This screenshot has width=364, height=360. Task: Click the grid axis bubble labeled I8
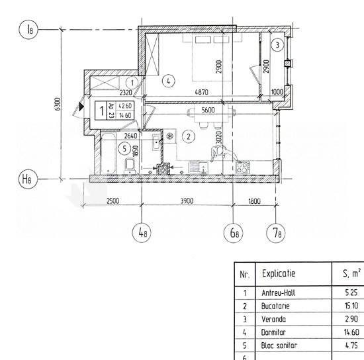click(x=28, y=29)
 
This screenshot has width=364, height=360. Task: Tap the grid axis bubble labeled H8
click(x=28, y=179)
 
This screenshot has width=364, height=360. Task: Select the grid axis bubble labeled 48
click(x=142, y=232)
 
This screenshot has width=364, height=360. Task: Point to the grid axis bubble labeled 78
click(x=276, y=232)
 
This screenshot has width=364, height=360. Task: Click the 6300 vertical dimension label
click(x=58, y=104)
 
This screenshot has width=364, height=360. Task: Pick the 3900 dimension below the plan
click(x=187, y=201)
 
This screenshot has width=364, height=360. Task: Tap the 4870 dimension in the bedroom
click(x=201, y=92)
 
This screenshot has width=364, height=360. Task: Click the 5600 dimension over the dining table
click(x=208, y=110)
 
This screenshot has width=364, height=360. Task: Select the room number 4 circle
click(x=168, y=81)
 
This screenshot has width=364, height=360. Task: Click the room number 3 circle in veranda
click(x=277, y=44)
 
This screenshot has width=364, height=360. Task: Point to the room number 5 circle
click(x=124, y=148)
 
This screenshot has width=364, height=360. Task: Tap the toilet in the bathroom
click(x=130, y=165)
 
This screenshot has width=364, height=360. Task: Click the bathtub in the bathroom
click(x=108, y=153)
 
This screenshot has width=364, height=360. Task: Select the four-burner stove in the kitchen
click(x=243, y=167)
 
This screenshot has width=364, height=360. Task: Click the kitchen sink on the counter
click(x=199, y=167)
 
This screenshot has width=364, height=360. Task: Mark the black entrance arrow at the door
click(x=81, y=107)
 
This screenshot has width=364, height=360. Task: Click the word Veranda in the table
click(x=273, y=319)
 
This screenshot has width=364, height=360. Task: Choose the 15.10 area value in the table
click(x=351, y=306)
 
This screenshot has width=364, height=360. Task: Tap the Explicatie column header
click(x=279, y=273)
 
